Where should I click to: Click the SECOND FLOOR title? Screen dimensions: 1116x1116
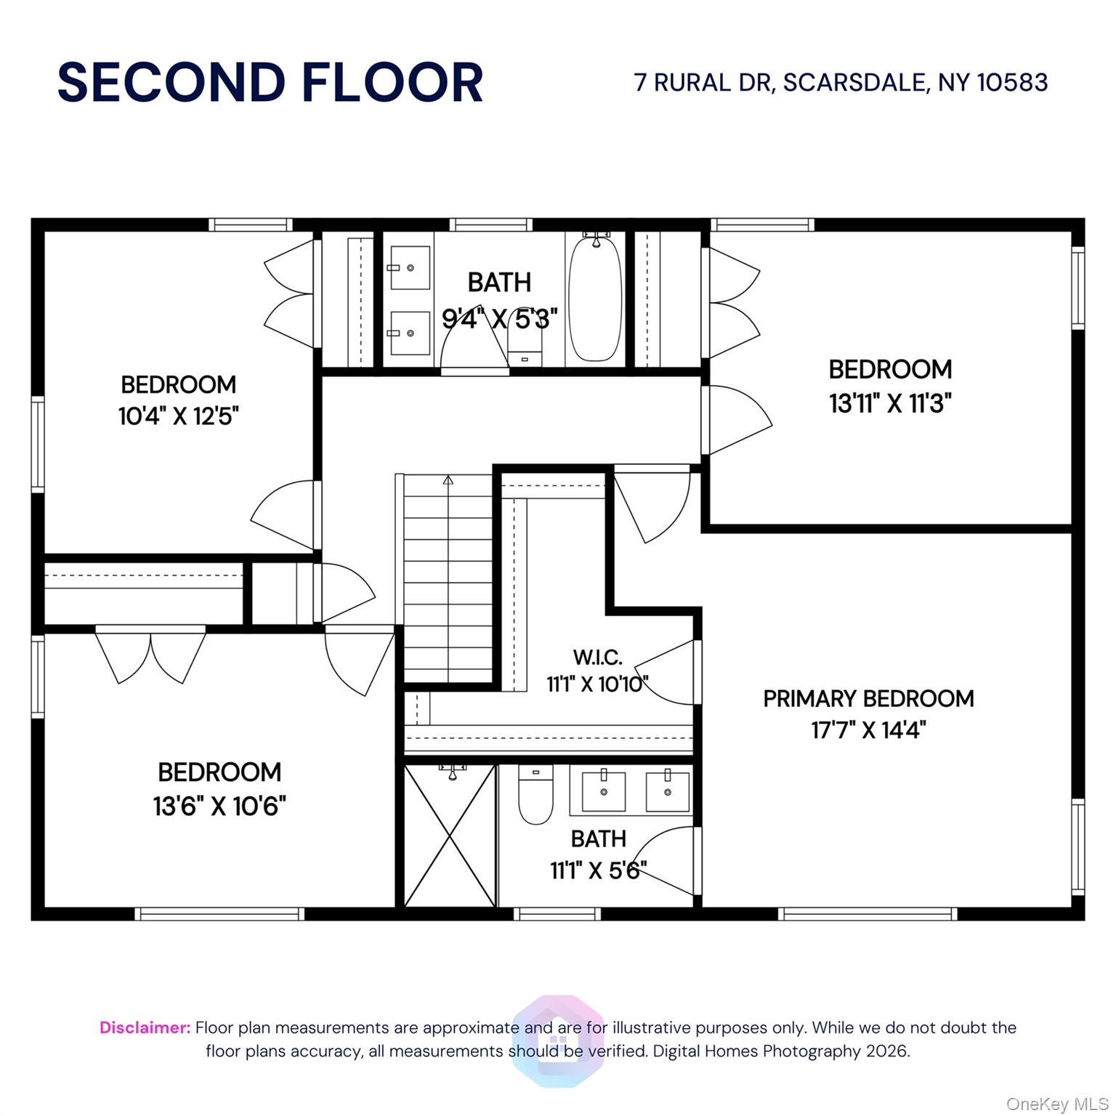[x=270, y=82]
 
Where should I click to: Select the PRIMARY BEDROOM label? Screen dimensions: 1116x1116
[x=868, y=698]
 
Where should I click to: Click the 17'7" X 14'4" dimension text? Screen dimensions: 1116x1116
[x=868, y=729]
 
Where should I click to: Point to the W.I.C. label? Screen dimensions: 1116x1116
[x=597, y=658]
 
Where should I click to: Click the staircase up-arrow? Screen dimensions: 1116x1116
[x=448, y=480]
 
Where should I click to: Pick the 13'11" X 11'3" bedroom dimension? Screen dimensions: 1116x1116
[x=890, y=403]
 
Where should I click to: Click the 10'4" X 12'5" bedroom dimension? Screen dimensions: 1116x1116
[x=179, y=416]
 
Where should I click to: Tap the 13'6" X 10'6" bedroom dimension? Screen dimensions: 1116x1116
[x=219, y=806]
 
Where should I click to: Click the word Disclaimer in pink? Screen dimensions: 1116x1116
[x=145, y=1027]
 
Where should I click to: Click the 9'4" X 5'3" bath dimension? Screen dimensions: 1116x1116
[x=500, y=318]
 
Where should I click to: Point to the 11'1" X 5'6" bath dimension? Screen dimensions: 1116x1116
[x=598, y=870]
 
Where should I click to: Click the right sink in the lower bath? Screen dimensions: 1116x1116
[x=667, y=790]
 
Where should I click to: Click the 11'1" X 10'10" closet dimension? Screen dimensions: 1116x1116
[x=597, y=684]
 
